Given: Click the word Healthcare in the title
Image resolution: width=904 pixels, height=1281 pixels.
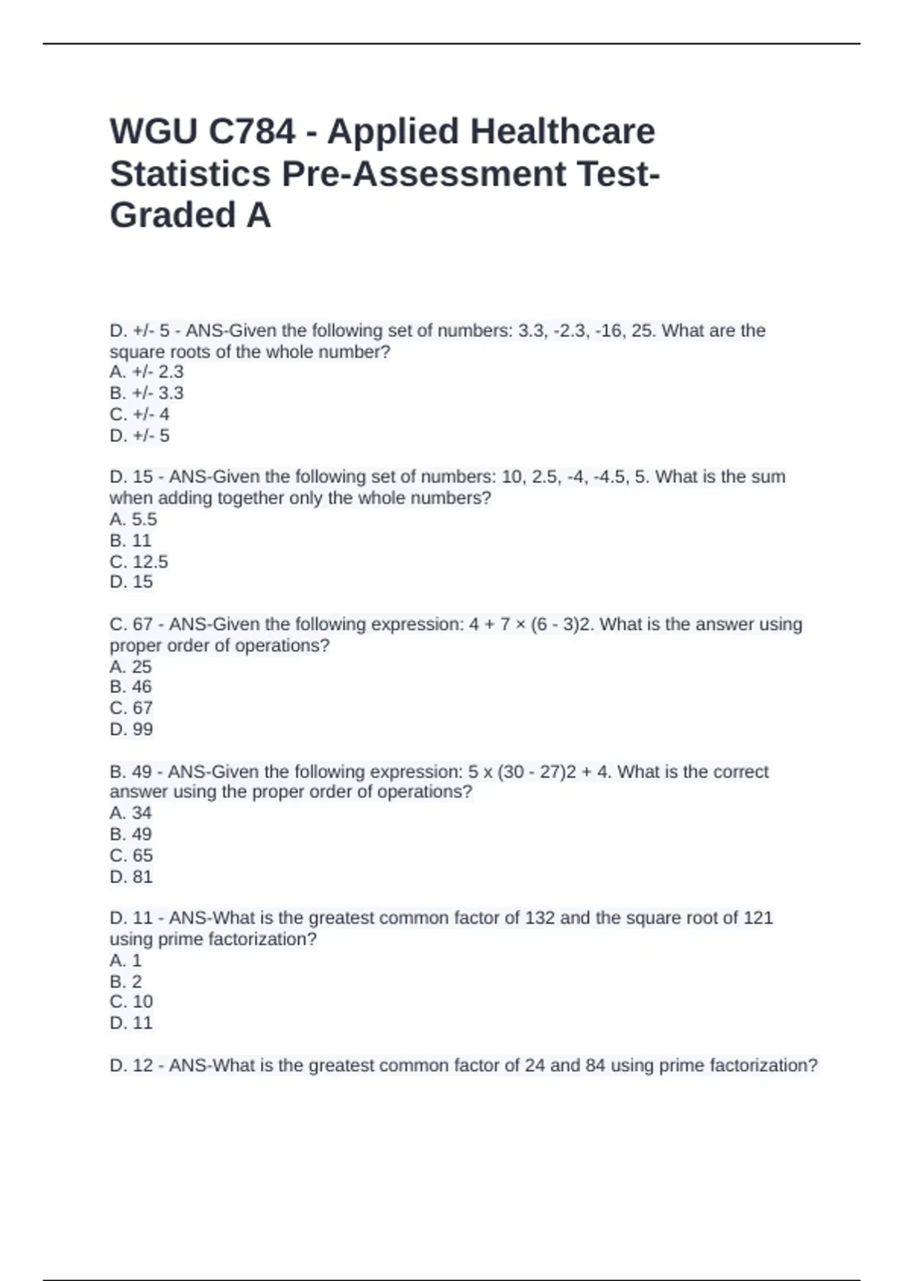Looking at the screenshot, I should (x=563, y=132).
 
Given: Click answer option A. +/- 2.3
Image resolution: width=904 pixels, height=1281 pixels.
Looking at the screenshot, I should (x=146, y=371).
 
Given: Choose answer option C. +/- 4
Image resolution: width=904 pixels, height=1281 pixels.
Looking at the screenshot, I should (x=139, y=414).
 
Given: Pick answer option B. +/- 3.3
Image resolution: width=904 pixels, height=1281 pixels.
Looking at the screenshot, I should (x=146, y=393).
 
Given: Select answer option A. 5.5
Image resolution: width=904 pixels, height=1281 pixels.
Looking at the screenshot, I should (x=133, y=519).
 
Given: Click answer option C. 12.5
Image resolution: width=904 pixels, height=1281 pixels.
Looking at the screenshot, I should (x=139, y=561).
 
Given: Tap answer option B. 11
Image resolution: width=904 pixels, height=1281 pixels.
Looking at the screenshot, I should (x=130, y=540).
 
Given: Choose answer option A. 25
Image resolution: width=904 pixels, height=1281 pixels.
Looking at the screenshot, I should (x=130, y=667).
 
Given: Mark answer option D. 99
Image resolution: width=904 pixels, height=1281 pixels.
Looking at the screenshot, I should (x=131, y=729).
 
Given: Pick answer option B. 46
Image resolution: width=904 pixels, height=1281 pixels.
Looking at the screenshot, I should (x=130, y=686).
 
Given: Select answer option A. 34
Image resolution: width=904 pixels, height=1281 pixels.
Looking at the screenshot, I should (x=130, y=813).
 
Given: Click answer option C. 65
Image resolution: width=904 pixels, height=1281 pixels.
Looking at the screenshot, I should (x=131, y=855).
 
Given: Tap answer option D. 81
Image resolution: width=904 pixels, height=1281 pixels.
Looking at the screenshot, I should (x=131, y=876).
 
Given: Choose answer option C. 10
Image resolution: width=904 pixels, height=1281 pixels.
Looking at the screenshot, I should (x=131, y=1001).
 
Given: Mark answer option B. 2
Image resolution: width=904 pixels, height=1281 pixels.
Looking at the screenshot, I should (x=126, y=981).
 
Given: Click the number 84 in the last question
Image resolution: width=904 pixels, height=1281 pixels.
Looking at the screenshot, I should (x=595, y=1065).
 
